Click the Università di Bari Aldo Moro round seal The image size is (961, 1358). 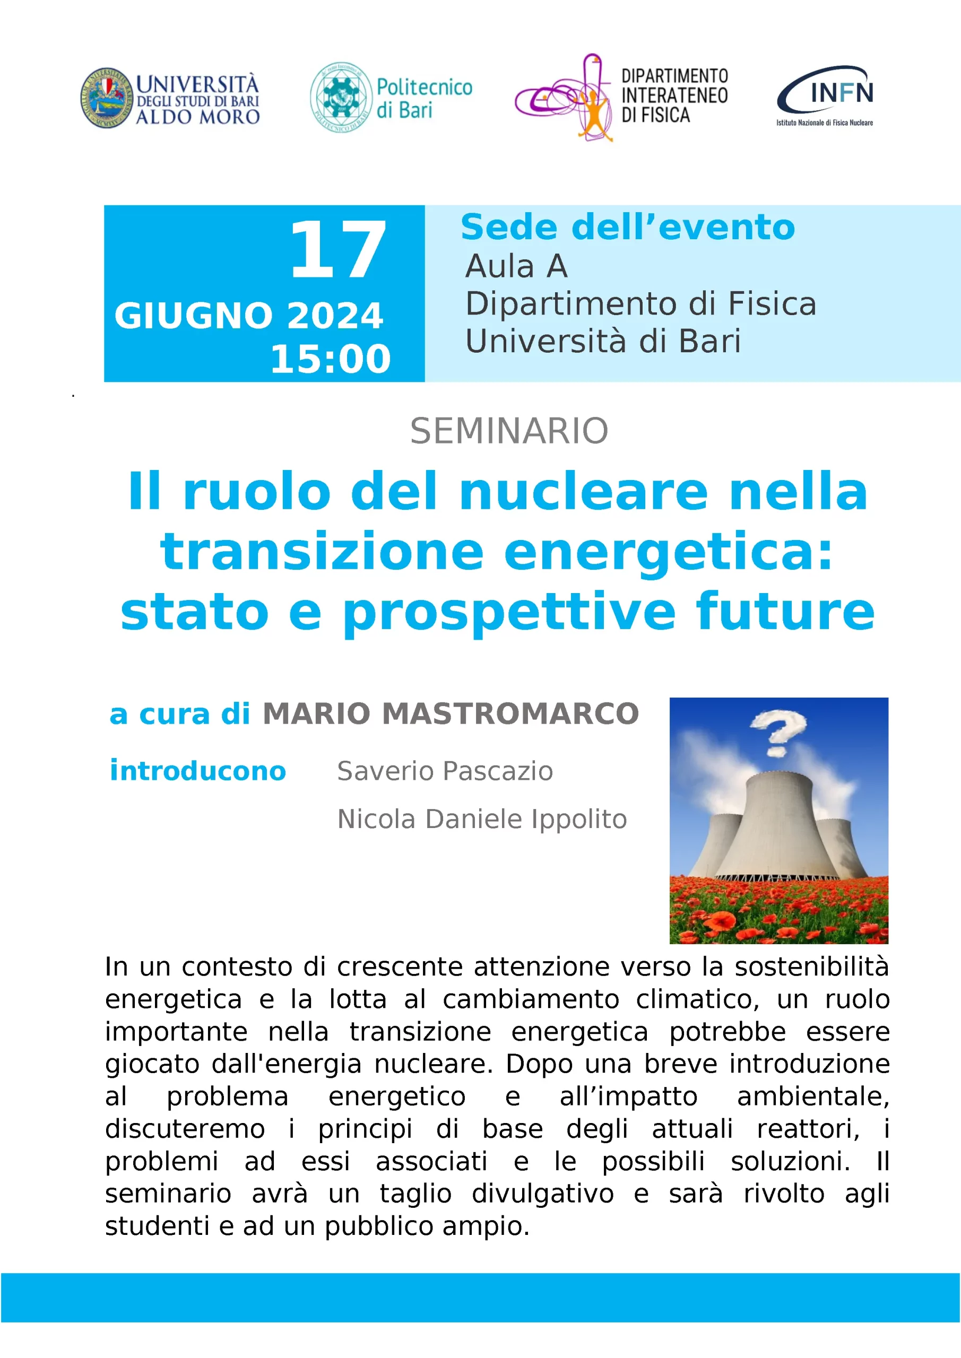click(x=107, y=98)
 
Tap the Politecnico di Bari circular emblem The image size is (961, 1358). click(x=340, y=97)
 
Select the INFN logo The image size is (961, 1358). click(x=825, y=96)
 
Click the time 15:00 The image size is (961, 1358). click(x=331, y=359)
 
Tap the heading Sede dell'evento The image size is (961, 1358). click(x=628, y=227)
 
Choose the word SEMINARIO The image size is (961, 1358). click(x=509, y=431)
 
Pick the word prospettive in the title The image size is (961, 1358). click(x=509, y=613)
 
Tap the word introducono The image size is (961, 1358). click(x=197, y=771)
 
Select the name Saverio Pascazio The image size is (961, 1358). click(x=445, y=771)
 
